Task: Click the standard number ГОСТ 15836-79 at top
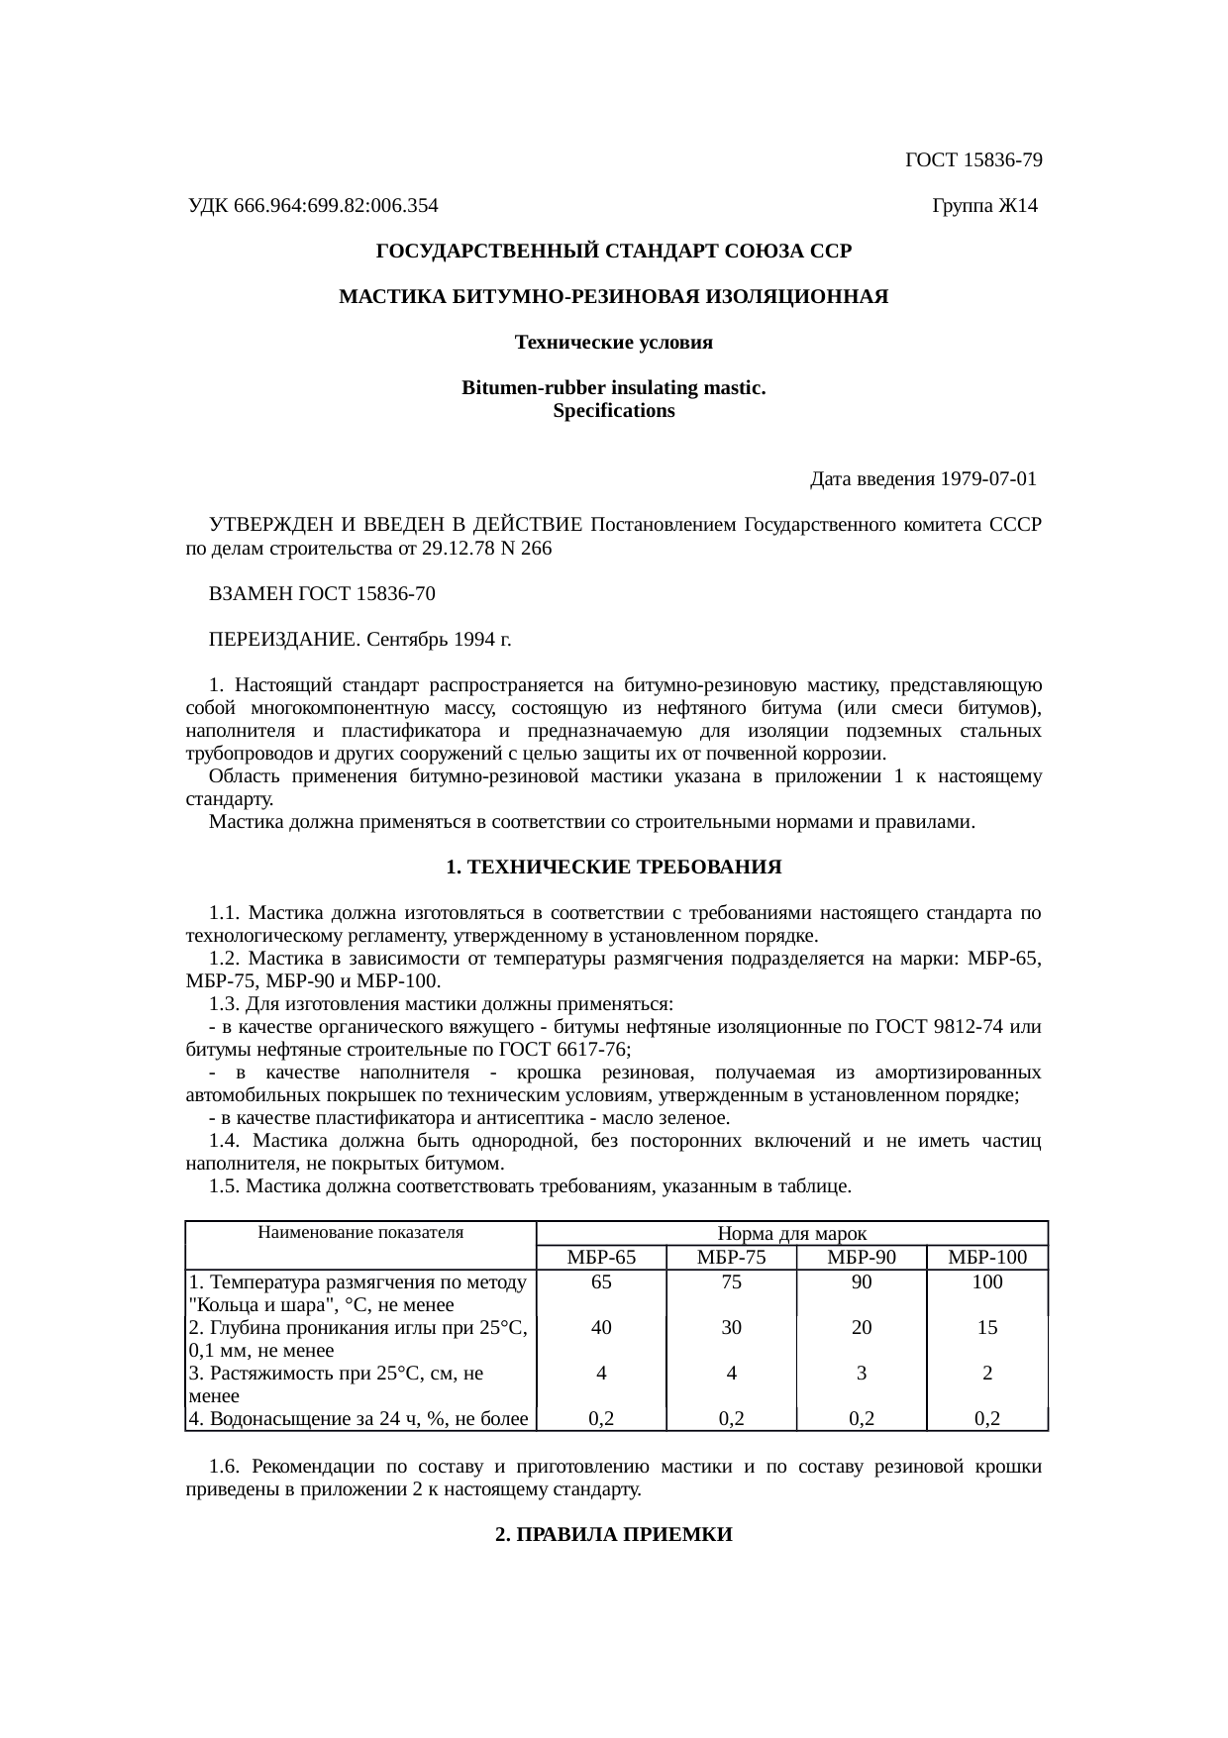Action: pos(973,160)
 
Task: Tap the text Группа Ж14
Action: pos(984,206)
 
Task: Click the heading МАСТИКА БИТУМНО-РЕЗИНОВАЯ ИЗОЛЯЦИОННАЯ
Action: pos(613,297)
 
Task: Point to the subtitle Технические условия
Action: pos(613,343)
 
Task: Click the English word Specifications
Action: pos(613,411)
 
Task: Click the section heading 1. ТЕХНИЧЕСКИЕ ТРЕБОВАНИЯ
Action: pos(613,868)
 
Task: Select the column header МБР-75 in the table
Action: pos(731,1258)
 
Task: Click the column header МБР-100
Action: pos(986,1258)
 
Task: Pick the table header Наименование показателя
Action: pos(360,1233)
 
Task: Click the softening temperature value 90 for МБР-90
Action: pos(862,1281)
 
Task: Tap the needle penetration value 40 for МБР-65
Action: pos(601,1327)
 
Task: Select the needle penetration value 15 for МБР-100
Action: pos(986,1327)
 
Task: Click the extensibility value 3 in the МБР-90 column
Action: pos(862,1374)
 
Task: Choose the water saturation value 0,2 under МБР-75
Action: pos(731,1419)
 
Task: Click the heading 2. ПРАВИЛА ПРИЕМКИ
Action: pos(613,1534)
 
